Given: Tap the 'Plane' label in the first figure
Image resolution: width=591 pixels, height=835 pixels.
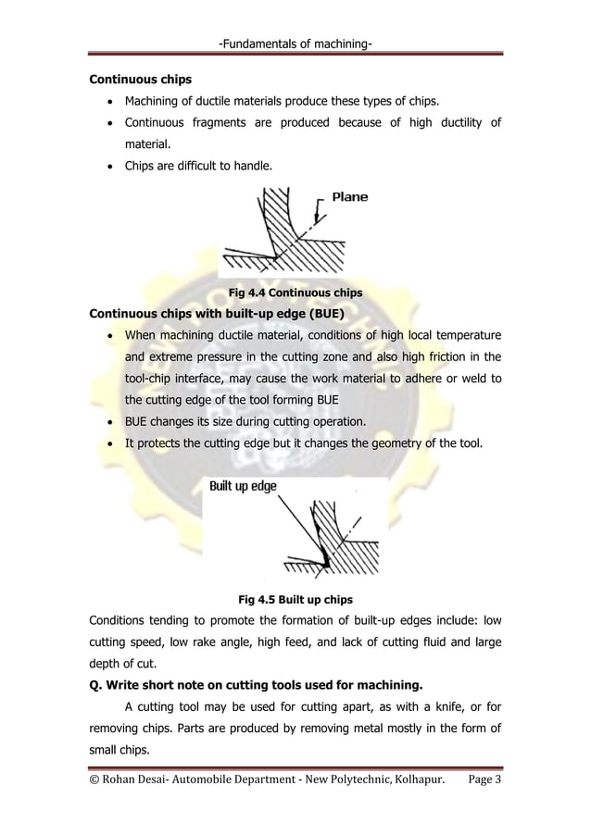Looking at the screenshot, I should click(x=349, y=197).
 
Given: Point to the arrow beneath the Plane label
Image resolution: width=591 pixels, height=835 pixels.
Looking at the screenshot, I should click(x=319, y=212).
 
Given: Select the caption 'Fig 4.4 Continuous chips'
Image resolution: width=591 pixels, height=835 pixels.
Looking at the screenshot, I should click(x=295, y=293).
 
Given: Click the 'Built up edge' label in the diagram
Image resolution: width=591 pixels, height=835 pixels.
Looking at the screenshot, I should click(x=244, y=486).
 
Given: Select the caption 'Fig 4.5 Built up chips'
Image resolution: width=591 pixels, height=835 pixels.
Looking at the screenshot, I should click(x=295, y=599).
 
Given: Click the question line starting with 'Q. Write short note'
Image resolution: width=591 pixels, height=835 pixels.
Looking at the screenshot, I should click(x=255, y=686).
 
